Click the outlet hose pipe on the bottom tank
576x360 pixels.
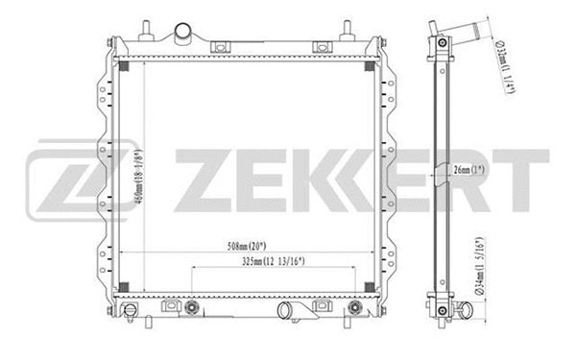[285, 311]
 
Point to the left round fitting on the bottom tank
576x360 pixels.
[191, 308]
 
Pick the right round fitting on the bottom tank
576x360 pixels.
[354, 308]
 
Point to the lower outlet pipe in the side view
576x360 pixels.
[463, 310]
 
